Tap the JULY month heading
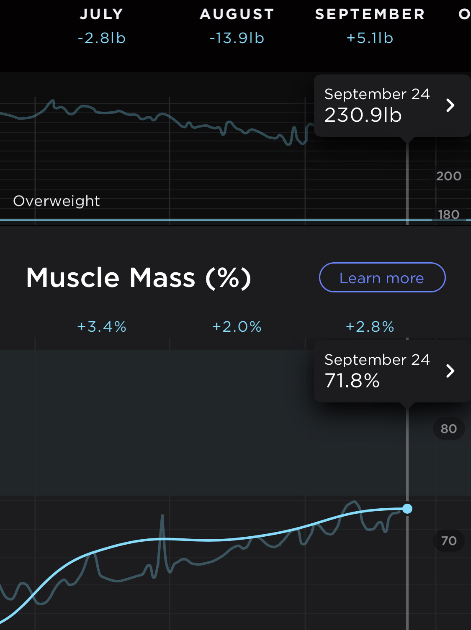[x=102, y=14]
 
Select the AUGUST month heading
[x=237, y=14]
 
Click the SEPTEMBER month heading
[x=370, y=14]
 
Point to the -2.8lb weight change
[x=102, y=38]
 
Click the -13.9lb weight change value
[x=237, y=38]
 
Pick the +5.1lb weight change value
[x=370, y=38]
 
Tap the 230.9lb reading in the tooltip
[x=363, y=115]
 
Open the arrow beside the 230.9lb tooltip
[x=450, y=105]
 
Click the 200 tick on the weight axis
[x=448, y=176]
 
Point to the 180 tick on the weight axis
[x=448, y=215]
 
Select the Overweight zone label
[x=57, y=201]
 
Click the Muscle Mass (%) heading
[x=139, y=278]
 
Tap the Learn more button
[x=382, y=277]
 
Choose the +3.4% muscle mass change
[x=102, y=327]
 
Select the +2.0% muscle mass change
[x=237, y=327]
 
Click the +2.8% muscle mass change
[x=370, y=327]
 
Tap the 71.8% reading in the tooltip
[x=352, y=381]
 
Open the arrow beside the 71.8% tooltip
[x=450, y=371]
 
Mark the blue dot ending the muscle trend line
[x=407, y=509]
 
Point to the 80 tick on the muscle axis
[x=448, y=429]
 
